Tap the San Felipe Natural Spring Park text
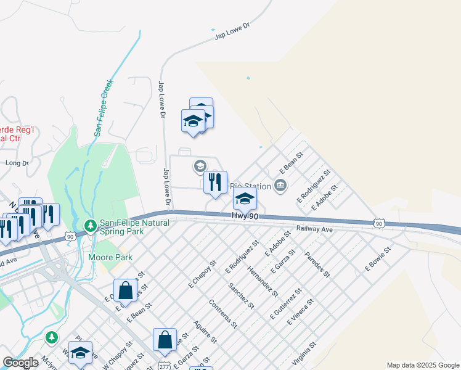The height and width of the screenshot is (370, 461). click(x=122, y=227)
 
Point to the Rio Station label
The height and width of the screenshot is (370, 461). click(x=250, y=186)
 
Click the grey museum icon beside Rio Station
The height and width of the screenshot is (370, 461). click(x=280, y=185)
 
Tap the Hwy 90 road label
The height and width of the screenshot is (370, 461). click(x=245, y=216)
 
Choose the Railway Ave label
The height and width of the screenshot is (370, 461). click(x=314, y=228)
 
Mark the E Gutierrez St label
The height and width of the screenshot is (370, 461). click(x=285, y=303)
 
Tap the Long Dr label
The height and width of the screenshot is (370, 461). click(x=17, y=163)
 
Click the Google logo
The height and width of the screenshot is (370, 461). click(x=21, y=363)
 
